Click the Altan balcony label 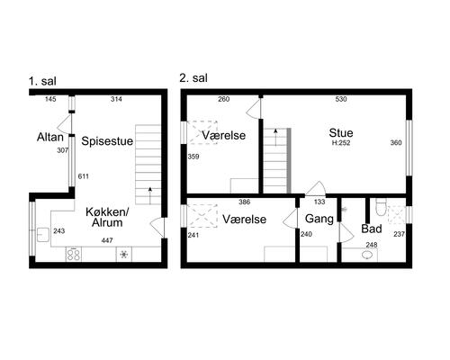coord(50,137)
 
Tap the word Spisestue coord(107,141)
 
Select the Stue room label coord(341,133)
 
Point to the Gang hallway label coord(319,219)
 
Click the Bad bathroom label coord(372,229)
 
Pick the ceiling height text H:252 coord(341,143)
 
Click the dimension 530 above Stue coord(341,99)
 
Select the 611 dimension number coord(83,176)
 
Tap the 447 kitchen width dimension coord(107,240)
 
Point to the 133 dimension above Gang coord(319,202)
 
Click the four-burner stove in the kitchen coord(74,255)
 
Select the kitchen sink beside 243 coord(43,235)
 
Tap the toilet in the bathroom coord(380,207)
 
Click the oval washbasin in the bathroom coord(367,255)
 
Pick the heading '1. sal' coord(42,81)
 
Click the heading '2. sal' coord(193,78)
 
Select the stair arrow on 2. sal coord(275,138)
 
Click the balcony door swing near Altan coord(66,123)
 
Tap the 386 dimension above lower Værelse coord(244,202)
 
